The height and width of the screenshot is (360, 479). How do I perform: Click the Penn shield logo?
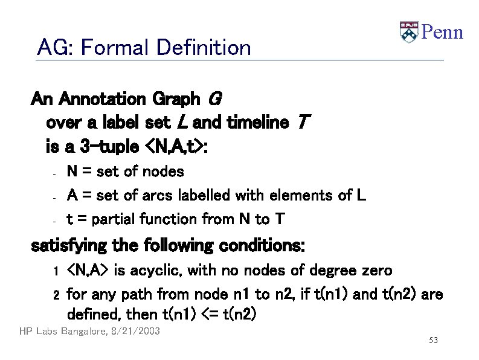[x=409, y=31]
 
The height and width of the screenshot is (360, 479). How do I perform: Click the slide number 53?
[x=432, y=341]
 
